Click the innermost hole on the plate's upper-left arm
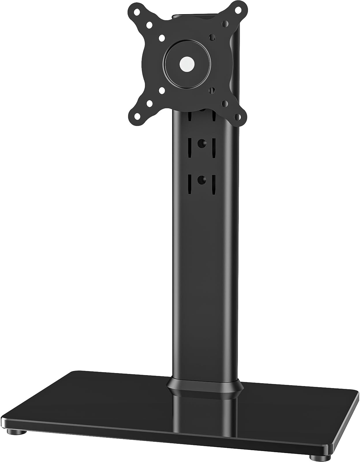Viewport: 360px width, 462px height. [161, 38]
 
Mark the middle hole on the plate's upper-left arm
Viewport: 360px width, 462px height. [149, 25]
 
